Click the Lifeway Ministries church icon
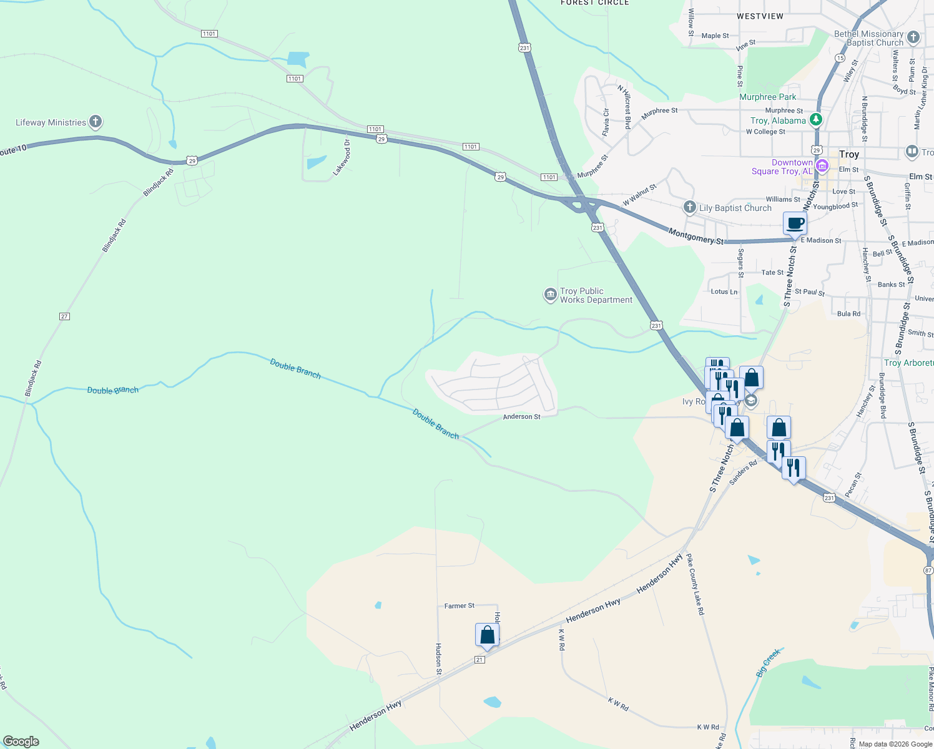96,122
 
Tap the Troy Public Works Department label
596,295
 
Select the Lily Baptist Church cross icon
689,207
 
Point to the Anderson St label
521,416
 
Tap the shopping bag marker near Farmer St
487,635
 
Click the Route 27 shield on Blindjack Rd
64,316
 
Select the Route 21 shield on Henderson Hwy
479,660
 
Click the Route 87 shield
928,570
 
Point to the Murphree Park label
767,97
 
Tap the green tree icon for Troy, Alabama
815,119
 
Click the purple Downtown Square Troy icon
822,165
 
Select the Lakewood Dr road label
342,157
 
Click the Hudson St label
438,659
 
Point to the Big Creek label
768,663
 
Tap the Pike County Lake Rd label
695,584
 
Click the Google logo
21,742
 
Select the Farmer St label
459,605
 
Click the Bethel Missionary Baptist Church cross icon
913,37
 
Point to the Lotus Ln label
724,291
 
